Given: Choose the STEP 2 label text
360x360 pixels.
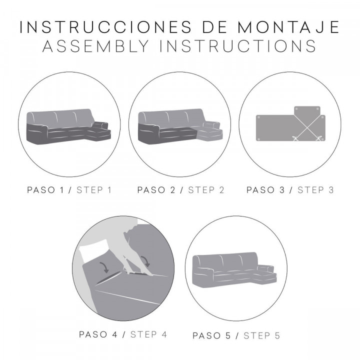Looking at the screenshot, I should tap(206, 190).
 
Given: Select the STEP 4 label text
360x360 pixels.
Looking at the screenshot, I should tap(148, 334).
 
